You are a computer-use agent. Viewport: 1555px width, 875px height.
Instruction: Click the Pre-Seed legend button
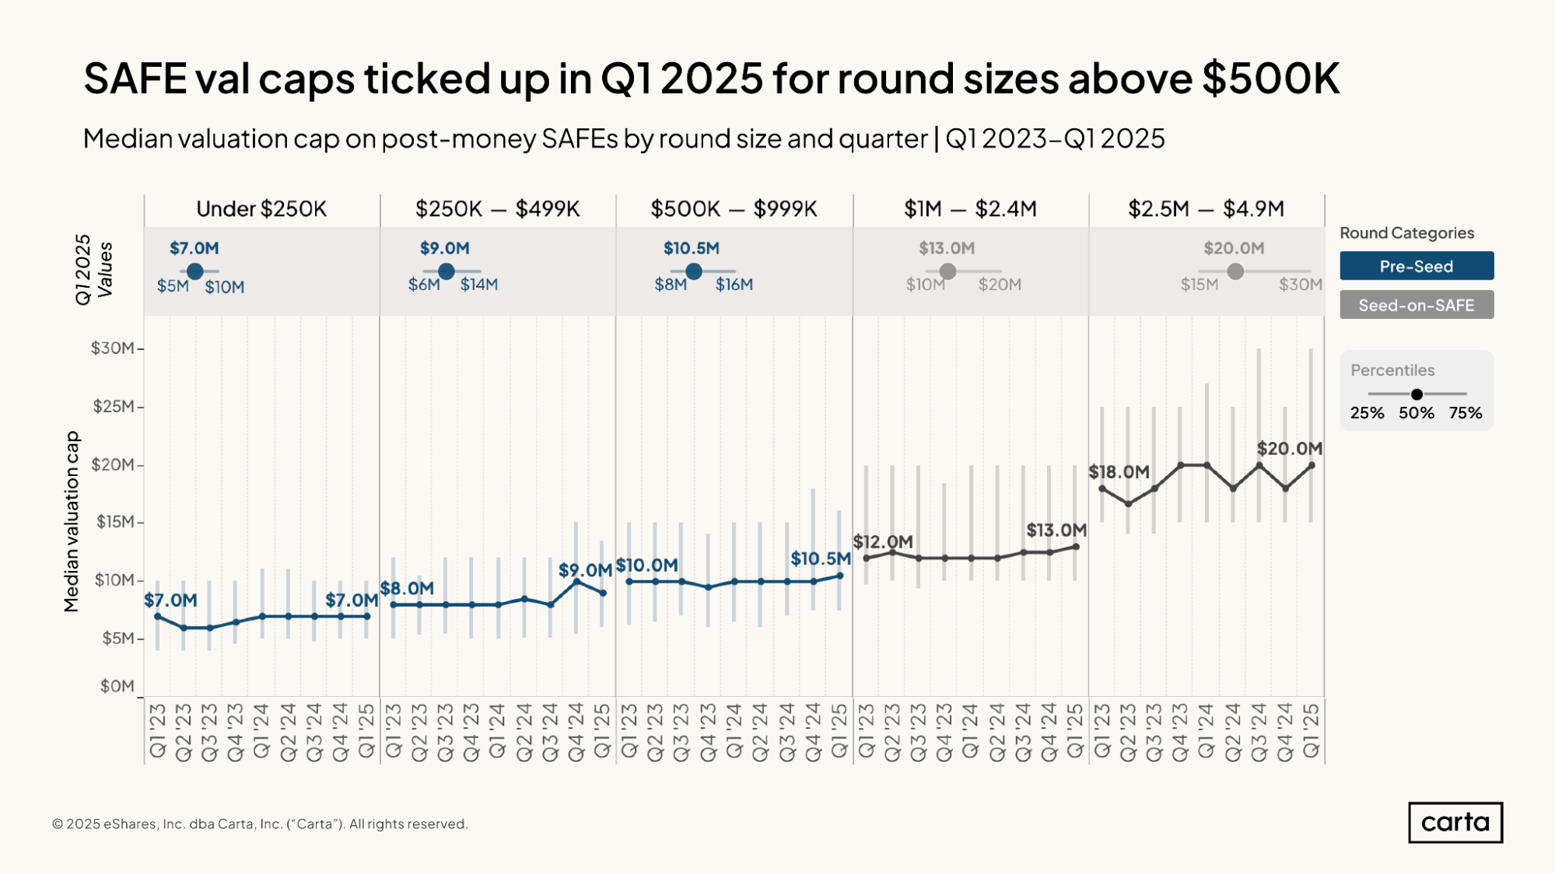1417,266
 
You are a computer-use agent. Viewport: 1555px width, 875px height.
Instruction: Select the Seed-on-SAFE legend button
1417,305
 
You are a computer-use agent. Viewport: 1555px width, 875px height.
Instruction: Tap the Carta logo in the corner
1455,822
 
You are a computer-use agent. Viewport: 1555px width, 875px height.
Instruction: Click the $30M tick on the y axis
112,348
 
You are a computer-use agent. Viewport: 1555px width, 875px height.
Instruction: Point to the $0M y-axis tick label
117,686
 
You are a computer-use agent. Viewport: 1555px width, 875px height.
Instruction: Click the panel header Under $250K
261,208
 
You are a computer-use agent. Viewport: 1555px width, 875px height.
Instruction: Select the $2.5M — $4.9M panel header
1206,208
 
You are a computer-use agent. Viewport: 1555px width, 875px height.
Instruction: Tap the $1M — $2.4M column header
970,208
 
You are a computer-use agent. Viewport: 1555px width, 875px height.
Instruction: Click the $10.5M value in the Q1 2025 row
691,248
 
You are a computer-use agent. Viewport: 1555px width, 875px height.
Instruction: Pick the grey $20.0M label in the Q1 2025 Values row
1234,248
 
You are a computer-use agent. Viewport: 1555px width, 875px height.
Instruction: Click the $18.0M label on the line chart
1119,471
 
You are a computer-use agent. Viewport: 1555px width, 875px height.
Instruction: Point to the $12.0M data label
883,541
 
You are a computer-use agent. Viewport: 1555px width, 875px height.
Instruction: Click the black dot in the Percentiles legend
1417,394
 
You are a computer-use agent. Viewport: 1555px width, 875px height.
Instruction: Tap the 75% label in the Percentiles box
1466,413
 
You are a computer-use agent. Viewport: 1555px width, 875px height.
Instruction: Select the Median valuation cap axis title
72,521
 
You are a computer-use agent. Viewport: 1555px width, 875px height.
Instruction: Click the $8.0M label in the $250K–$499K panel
407,588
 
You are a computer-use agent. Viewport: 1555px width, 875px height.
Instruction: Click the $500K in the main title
1271,79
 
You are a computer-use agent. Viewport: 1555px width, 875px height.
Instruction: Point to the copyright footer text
260,824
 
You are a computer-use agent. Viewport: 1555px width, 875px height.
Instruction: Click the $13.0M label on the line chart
1056,530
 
